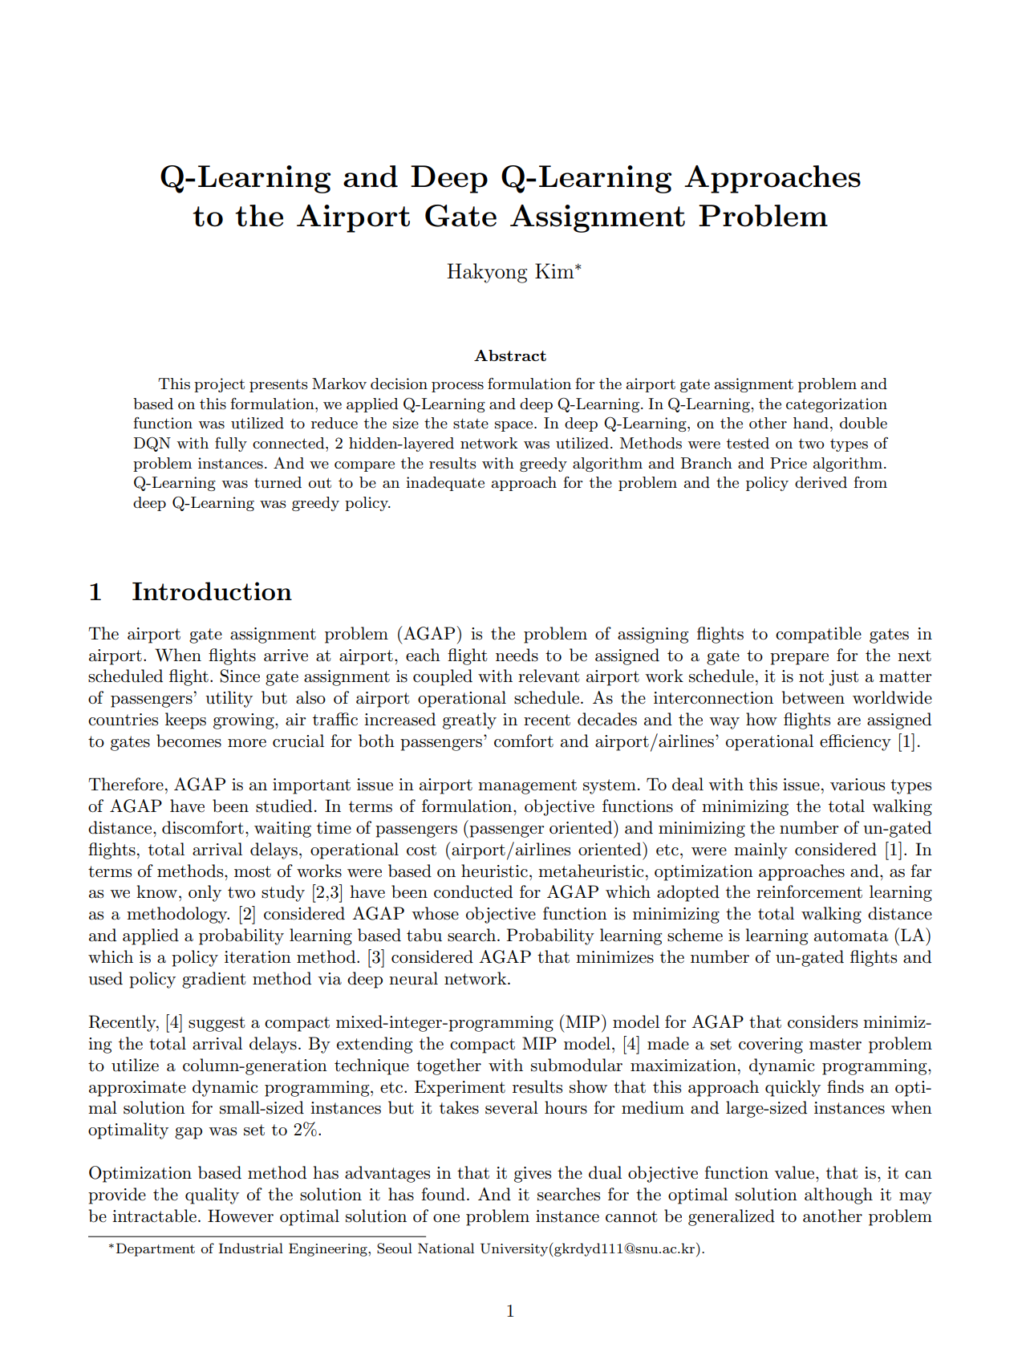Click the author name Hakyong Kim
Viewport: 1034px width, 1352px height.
[x=509, y=272]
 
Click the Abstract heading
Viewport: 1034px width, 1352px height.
[x=510, y=355]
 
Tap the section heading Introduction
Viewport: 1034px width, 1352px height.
[x=212, y=592]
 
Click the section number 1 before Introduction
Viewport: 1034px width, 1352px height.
[x=95, y=592]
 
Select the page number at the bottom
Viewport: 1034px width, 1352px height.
[x=510, y=1311]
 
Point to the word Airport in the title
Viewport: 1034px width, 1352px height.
[x=354, y=217]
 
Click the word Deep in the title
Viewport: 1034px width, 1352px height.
[x=449, y=177]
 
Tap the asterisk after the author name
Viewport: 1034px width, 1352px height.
[x=578, y=268]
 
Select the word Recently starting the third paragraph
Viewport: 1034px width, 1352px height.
[x=124, y=1023]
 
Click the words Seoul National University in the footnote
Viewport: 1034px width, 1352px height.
[x=460, y=1249]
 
